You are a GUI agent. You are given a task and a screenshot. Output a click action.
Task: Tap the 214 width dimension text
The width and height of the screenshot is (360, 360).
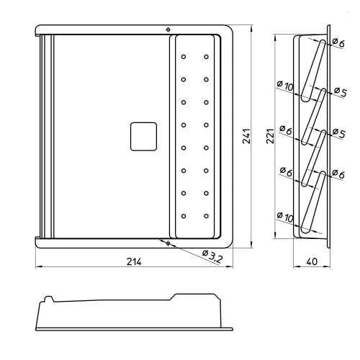[x=134, y=261]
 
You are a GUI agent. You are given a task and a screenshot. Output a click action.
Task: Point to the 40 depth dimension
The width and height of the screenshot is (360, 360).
[x=312, y=261]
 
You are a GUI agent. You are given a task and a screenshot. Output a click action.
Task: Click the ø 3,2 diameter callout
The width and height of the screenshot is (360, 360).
[x=214, y=255]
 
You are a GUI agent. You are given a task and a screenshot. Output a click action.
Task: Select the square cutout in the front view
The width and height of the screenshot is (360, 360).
[x=143, y=136]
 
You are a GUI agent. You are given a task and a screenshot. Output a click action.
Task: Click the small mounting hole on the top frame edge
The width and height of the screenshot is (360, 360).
[x=167, y=30]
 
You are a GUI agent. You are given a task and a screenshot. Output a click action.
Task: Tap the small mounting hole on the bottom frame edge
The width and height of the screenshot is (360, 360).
[x=167, y=243]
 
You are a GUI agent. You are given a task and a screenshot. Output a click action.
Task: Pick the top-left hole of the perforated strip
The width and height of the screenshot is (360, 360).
[x=184, y=56]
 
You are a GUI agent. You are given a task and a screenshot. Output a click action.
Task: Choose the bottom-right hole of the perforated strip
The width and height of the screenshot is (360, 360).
[x=206, y=215]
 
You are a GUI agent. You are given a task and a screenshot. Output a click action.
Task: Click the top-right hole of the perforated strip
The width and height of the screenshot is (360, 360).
[x=206, y=56]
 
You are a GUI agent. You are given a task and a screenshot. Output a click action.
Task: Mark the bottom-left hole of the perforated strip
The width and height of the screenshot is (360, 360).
[x=184, y=215]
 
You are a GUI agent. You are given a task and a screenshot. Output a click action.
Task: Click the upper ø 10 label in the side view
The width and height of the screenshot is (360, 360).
[x=284, y=86]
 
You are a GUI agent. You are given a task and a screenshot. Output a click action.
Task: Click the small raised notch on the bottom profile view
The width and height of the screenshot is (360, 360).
[x=49, y=297]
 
